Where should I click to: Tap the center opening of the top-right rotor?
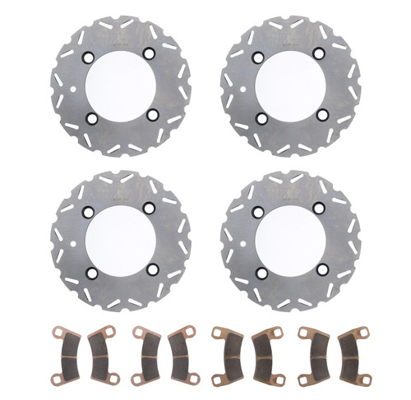click(293, 85)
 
